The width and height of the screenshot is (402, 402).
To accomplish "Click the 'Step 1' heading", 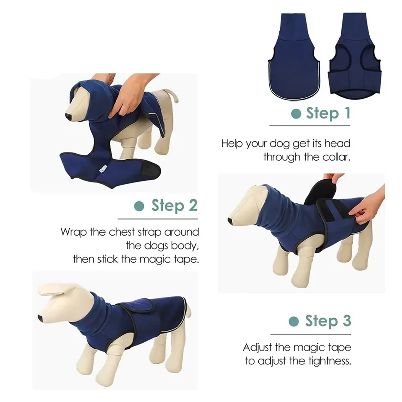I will pos(328,113).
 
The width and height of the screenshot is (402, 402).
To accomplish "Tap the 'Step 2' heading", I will pos(174,206).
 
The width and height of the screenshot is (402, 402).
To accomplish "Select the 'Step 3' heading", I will pos(328,321).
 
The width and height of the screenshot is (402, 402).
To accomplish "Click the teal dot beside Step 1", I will pos(296,114).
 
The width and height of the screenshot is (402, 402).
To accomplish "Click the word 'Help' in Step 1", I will pos(233,143).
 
